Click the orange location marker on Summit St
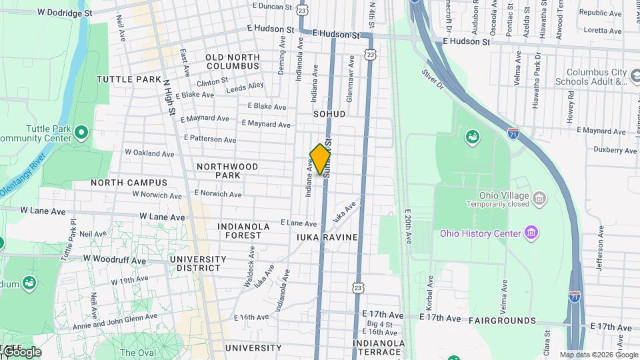(321, 159)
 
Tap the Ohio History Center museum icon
(531, 233)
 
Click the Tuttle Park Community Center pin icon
(82, 132)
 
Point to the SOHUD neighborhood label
(329, 114)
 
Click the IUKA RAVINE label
(327, 237)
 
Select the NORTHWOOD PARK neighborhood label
(227, 171)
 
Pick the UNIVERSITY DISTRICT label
(198, 263)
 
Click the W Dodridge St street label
(65, 13)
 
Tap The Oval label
(138, 353)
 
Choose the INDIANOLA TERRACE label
(379, 348)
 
